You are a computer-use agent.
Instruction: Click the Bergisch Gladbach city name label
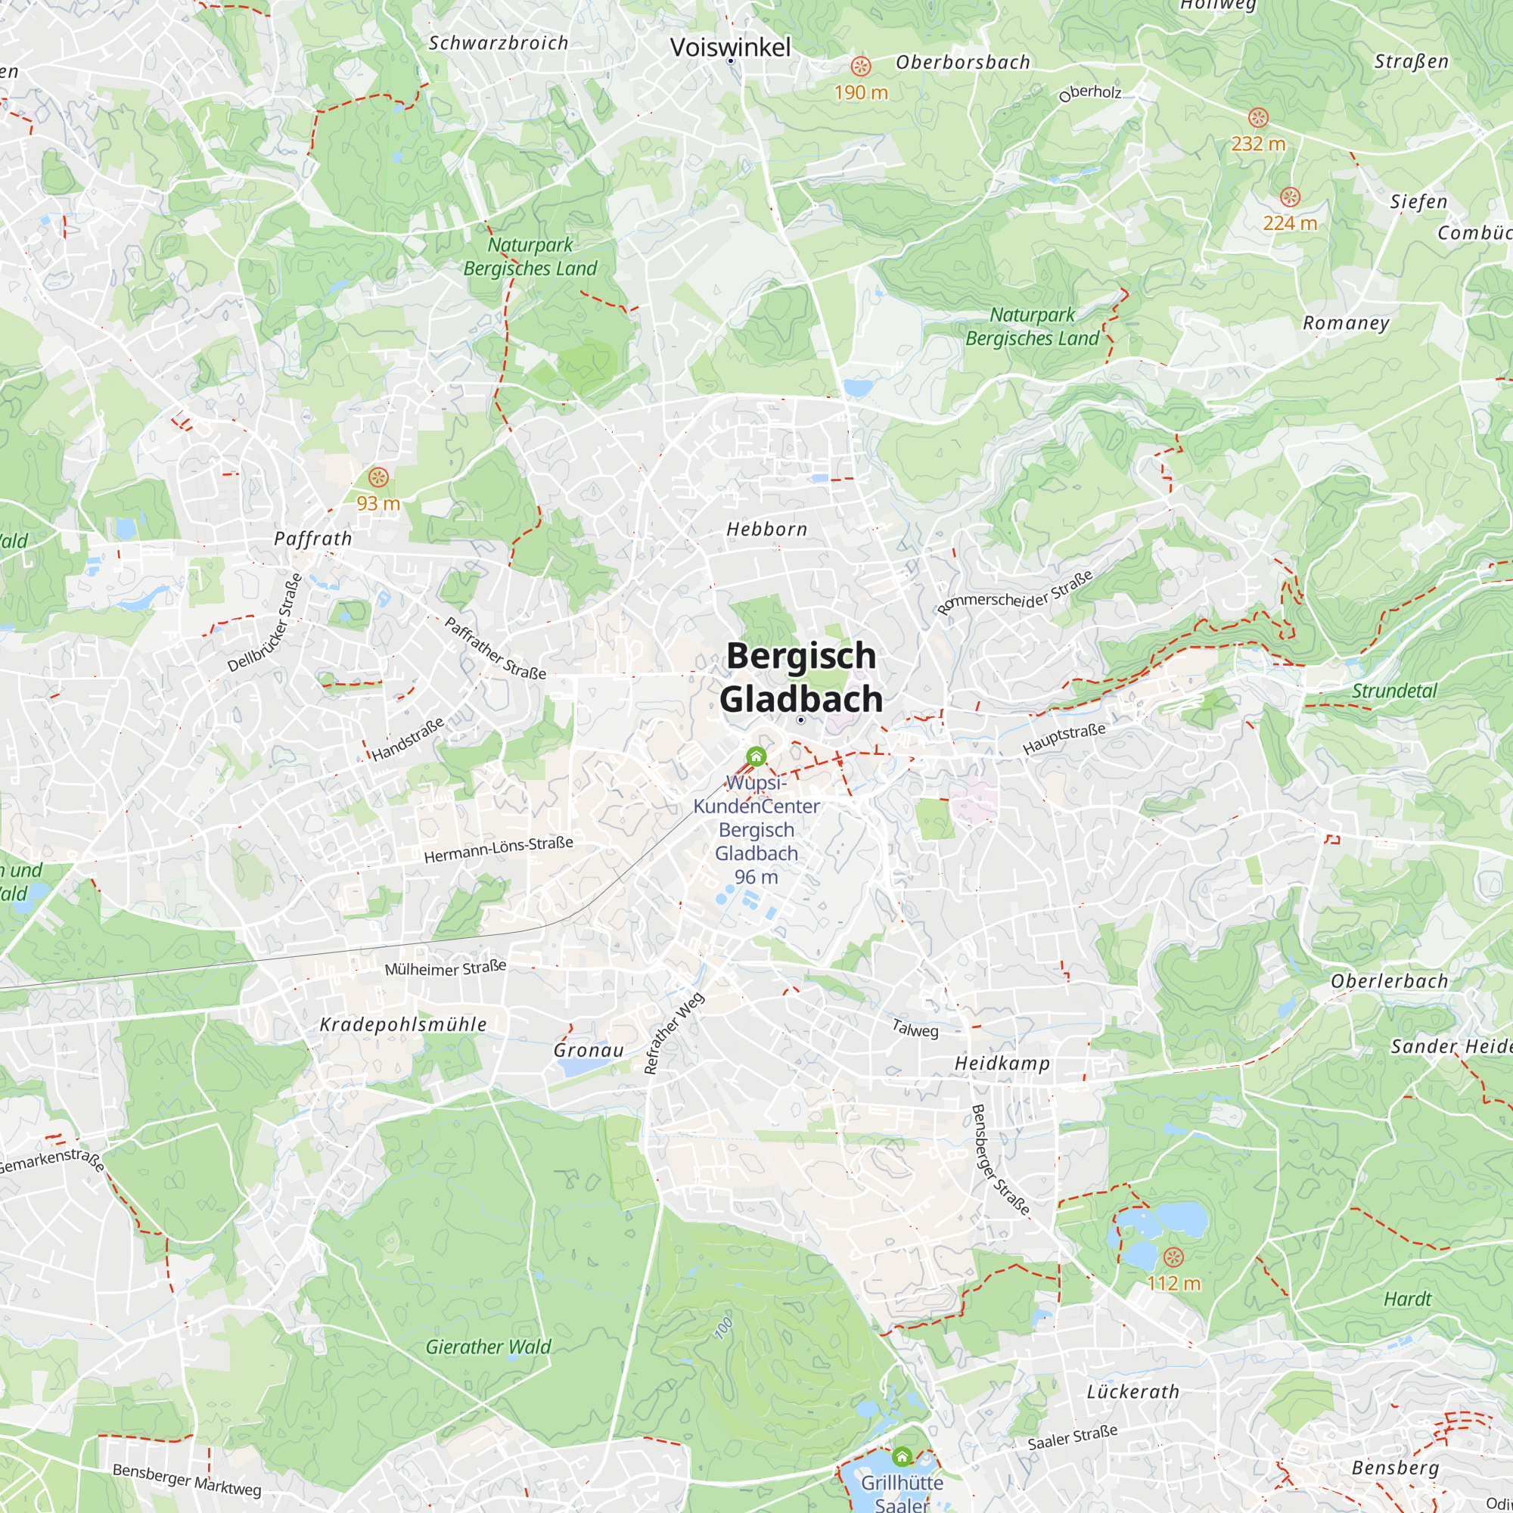pos(800,677)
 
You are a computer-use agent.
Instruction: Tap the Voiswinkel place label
pos(730,47)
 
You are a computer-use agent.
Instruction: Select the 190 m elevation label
pos(861,92)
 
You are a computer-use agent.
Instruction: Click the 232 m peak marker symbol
pos(1258,117)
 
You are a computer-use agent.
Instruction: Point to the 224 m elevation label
pos(1290,223)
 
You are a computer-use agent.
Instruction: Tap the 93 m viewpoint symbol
pos(378,477)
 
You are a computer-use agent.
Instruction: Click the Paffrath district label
pos(313,539)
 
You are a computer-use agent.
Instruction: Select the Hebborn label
pos(766,530)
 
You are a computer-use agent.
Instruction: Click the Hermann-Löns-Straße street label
pos(499,850)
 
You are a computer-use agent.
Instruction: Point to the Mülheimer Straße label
pos(446,968)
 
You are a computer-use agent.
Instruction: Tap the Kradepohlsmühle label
pos(403,1024)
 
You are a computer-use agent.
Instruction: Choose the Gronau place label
pos(589,1051)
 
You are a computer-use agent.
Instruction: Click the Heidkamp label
pos(1002,1064)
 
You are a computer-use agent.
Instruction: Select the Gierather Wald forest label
pos(488,1347)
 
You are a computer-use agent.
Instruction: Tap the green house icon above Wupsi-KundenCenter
pos(756,756)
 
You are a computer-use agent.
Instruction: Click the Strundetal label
pos(1395,691)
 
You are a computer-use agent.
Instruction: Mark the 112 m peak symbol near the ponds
pos(1173,1258)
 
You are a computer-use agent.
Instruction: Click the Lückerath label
pos(1133,1392)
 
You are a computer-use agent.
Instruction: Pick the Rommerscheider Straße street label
pos(1015,594)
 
